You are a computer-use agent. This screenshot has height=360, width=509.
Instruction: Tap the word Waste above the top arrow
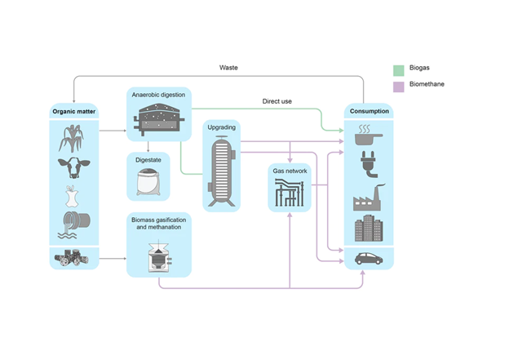tap(229, 66)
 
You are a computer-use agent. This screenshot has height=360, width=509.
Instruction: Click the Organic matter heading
tap(74, 111)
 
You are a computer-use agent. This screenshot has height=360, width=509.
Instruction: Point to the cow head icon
tap(73, 167)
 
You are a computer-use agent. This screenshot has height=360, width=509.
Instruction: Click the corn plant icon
tap(73, 138)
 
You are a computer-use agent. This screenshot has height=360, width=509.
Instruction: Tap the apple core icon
tap(73, 196)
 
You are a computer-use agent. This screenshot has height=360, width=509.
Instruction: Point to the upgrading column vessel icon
tap(222, 167)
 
